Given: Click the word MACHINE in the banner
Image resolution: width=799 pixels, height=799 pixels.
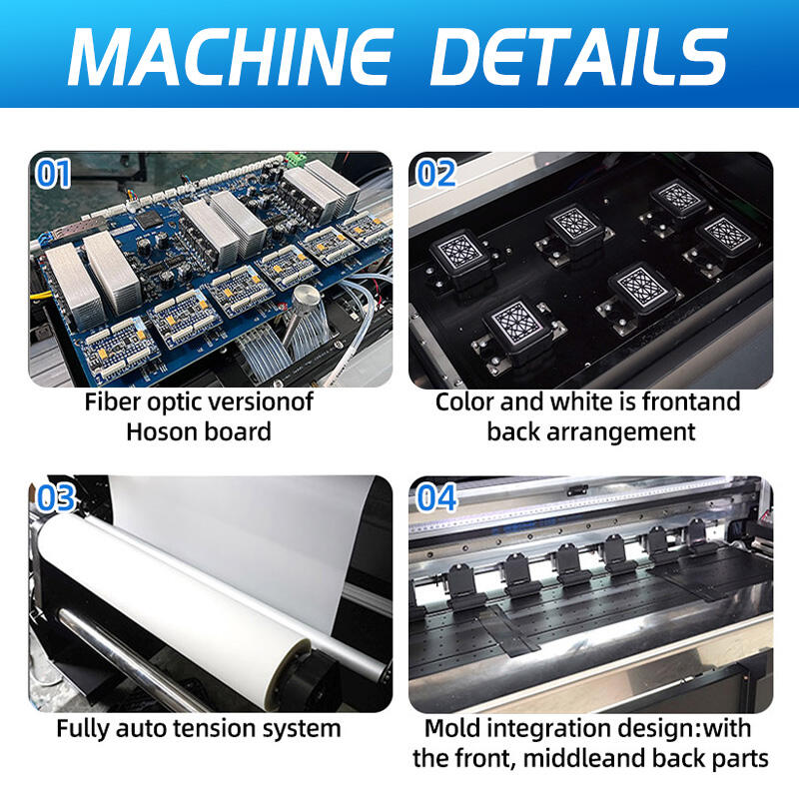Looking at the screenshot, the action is click(231, 56).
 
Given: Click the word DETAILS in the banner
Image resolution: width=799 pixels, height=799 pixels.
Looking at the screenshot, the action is click(579, 56).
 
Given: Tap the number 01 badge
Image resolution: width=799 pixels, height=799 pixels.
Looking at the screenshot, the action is click(53, 174).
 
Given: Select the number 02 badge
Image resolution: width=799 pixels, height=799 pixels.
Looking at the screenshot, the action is click(436, 174).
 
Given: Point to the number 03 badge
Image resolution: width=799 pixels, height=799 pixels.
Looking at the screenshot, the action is click(56, 497).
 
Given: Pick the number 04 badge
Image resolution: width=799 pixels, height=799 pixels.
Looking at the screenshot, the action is click(436, 497).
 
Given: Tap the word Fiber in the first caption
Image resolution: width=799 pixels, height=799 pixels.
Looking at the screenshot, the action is click(112, 401).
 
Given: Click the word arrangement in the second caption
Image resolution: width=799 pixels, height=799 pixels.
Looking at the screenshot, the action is click(620, 433).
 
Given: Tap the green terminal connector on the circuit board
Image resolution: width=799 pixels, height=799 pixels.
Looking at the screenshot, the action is click(297, 160).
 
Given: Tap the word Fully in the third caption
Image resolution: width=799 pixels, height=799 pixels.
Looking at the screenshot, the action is click(84, 729).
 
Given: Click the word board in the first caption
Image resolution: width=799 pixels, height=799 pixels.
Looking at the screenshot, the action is click(238, 432).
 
